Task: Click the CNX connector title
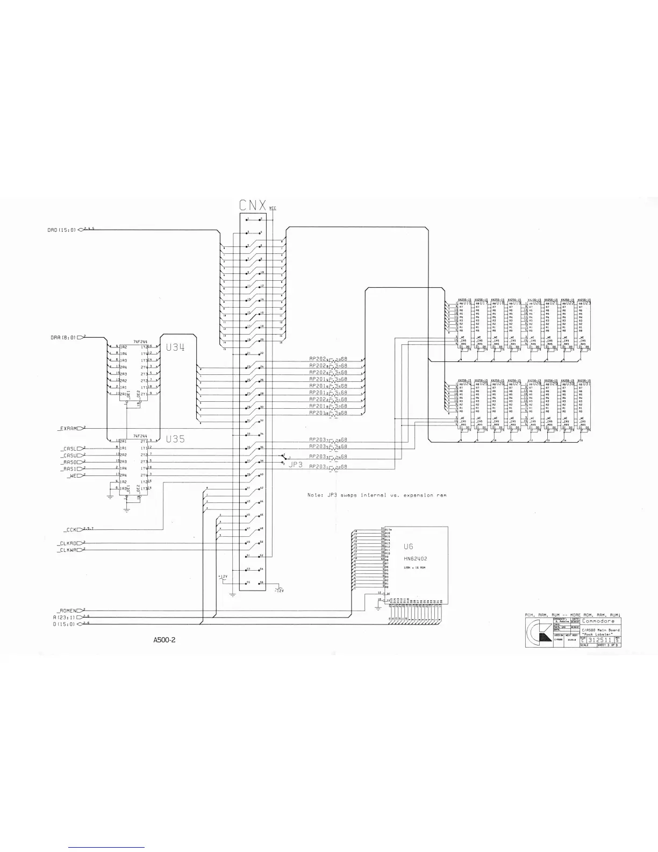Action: (x=252, y=205)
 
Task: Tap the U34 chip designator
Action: (x=175, y=347)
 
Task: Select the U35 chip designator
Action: (x=175, y=439)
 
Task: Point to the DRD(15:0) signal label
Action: (x=62, y=230)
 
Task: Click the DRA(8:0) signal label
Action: (x=62, y=337)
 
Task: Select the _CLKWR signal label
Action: (x=68, y=550)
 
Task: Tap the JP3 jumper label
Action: (x=296, y=464)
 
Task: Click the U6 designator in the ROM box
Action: (x=408, y=546)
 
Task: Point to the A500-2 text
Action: (x=164, y=640)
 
